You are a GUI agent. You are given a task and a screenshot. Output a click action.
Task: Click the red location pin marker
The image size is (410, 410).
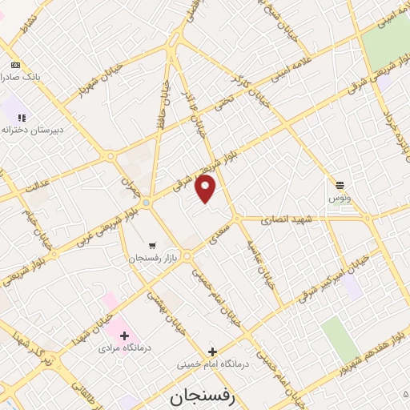(207, 188)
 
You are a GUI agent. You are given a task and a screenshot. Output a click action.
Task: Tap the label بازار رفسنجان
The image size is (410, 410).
(151, 259)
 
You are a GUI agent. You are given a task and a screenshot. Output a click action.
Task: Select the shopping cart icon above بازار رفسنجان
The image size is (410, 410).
(151, 245)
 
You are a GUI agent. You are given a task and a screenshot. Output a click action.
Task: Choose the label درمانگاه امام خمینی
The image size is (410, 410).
(213, 364)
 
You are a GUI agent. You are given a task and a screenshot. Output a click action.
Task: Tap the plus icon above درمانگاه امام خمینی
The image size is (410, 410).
(212, 351)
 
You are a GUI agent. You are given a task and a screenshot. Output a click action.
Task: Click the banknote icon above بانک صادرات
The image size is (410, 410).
(14, 64)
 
